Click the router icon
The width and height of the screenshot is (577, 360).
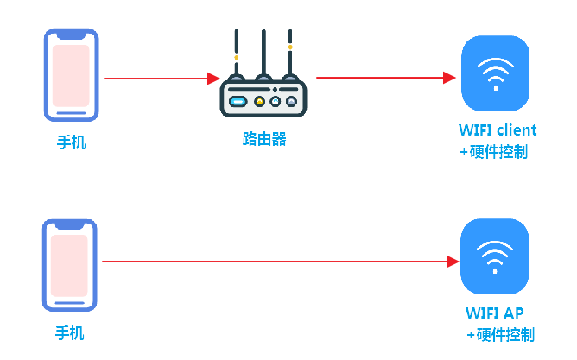click(x=263, y=73)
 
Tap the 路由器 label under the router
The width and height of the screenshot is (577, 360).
click(x=264, y=139)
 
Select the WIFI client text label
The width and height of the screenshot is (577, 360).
click(x=498, y=130)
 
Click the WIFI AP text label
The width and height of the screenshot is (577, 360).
click(x=494, y=313)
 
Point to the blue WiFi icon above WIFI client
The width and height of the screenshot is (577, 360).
click(x=495, y=73)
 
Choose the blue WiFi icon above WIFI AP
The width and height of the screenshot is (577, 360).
click(x=495, y=256)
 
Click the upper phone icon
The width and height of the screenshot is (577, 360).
click(x=72, y=75)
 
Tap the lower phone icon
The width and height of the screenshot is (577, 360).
click(x=70, y=266)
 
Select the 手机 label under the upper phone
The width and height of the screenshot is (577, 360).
click(x=72, y=142)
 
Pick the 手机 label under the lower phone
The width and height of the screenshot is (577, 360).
click(x=70, y=333)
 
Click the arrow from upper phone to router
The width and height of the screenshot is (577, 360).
click(x=162, y=79)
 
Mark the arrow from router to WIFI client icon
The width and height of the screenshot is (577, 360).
click(x=386, y=78)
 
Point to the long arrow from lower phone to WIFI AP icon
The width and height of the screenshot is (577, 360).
click(x=281, y=262)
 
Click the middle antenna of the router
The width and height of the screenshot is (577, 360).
click(x=263, y=54)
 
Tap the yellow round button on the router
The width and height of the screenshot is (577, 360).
click(x=259, y=102)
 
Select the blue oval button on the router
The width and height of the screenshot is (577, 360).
click(x=238, y=102)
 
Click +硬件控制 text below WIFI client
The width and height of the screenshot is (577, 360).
click(x=494, y=151)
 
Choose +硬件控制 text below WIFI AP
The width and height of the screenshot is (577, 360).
click(x=500, y=335)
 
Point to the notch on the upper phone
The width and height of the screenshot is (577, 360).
click(x=72, y=35)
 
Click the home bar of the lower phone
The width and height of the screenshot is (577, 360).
click(x=70, y=303)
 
